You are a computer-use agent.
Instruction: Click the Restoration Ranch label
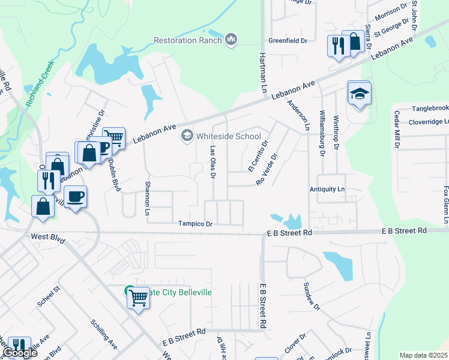(188, 40)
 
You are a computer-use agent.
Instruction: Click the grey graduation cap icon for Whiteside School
(187, 136)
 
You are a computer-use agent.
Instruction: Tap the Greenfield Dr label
(288, 41)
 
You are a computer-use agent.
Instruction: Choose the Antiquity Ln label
(327, 190)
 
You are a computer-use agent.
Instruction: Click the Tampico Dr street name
(195, 224)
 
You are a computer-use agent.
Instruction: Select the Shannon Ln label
(146, 199)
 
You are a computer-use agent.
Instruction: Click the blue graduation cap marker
(359, 94)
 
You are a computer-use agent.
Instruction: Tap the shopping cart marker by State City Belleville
(139, 296)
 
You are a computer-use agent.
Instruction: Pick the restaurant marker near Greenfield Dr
(337, 46)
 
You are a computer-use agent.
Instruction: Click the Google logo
(20, 353)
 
